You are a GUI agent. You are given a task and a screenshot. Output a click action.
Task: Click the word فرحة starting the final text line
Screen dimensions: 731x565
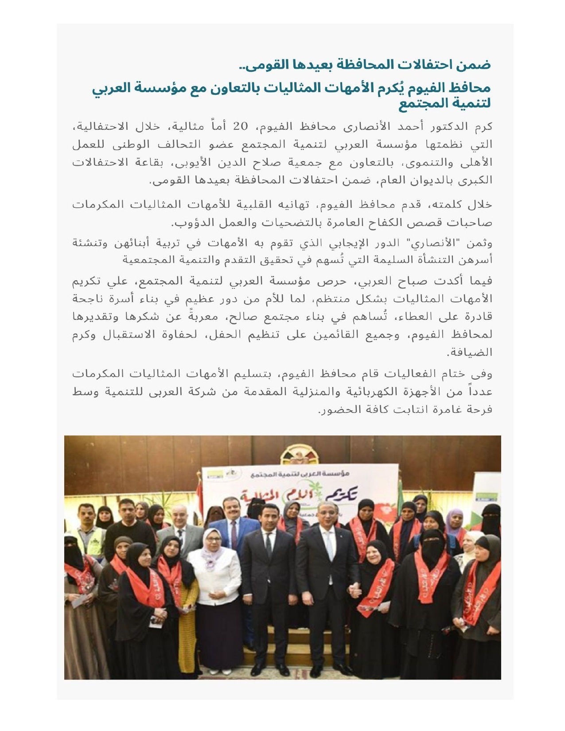click(479, 410)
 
